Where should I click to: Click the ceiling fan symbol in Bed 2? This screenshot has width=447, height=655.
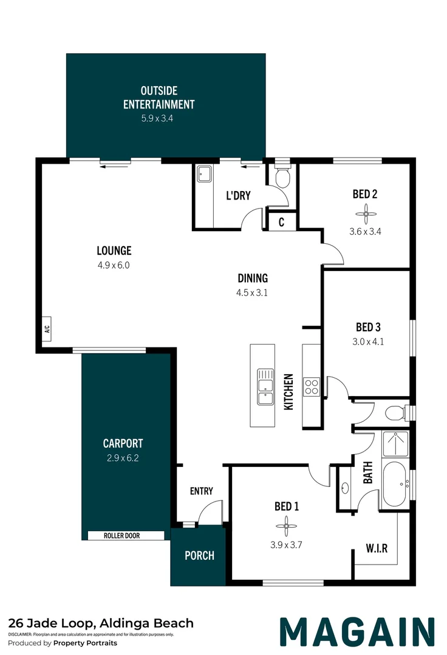(366, 214)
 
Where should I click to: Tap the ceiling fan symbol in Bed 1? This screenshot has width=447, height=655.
(287, 526)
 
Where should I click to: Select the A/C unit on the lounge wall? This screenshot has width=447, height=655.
(46, 329)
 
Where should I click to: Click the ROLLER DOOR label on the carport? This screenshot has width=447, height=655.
(121, 536)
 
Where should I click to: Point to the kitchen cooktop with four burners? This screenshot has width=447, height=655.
(312, 386)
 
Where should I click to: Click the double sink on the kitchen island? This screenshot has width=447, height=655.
(265, 387)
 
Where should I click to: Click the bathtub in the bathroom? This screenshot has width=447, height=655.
(395, 484)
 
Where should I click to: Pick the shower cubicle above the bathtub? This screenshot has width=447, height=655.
(395, 444)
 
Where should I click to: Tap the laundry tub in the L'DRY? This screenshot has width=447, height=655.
(205, 174)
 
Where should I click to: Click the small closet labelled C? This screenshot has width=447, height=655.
(281, 222)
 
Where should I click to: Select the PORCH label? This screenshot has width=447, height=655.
(199, 556)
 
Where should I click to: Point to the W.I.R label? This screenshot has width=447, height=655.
(377, 548)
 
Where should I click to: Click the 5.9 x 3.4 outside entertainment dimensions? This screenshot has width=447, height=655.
(157, 118)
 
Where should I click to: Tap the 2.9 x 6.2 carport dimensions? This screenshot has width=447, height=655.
(123, 458)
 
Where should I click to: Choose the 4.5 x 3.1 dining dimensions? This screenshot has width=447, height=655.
(251, 293)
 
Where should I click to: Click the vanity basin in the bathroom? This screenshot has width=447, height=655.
(345, 488)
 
